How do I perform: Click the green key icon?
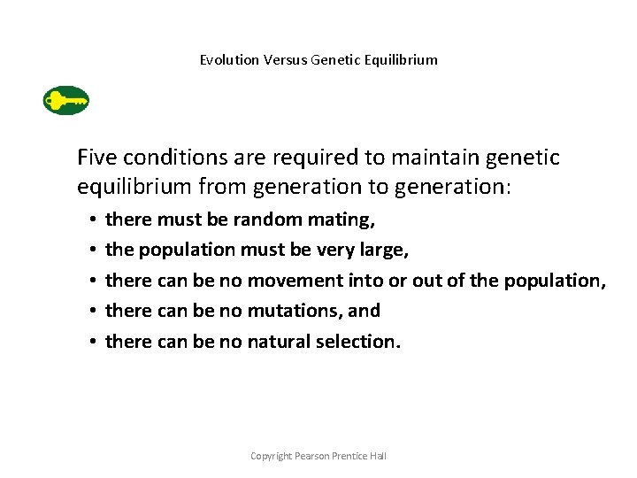66,101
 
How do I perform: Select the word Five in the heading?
97,158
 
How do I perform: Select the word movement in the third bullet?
292,281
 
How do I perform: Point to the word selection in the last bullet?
357,341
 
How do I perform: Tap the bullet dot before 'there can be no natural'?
92,342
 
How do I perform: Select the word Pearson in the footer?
315,456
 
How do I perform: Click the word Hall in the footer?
378,456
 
